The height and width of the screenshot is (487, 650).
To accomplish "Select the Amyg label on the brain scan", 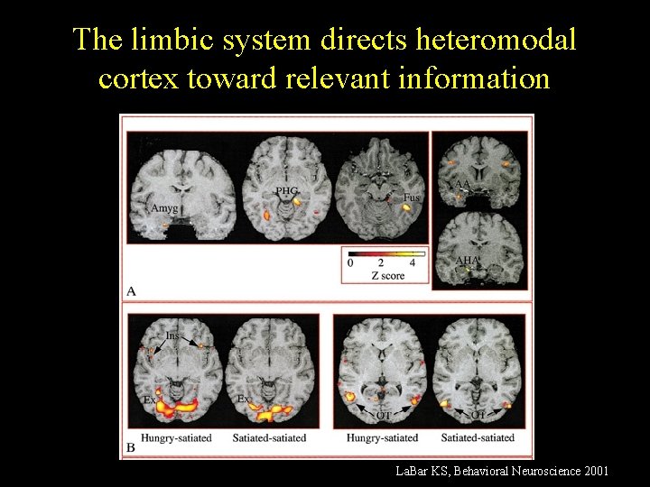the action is pos(164,208).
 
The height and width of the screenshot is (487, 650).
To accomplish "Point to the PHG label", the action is pos(287,190).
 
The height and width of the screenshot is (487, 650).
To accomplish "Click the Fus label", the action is pos(412,197).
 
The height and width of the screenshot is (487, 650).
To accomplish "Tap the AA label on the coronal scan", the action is pos(463,185).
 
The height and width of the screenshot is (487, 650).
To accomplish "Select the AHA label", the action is pos(467,260).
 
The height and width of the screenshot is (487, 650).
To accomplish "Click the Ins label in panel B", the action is pos(172,335).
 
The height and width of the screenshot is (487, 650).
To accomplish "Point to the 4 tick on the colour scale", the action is pos(413,263).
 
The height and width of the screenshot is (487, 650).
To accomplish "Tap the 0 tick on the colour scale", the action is pos(350,263).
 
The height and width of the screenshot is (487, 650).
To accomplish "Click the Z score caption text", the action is pos(387,275).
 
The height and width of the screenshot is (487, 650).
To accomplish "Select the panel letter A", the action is pos(132,290).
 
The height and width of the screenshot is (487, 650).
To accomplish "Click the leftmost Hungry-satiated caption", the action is pos(177,438).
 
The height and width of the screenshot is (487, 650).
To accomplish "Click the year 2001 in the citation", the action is pos(595,471).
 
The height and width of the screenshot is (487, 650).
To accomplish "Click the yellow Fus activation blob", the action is pos(408,208).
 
